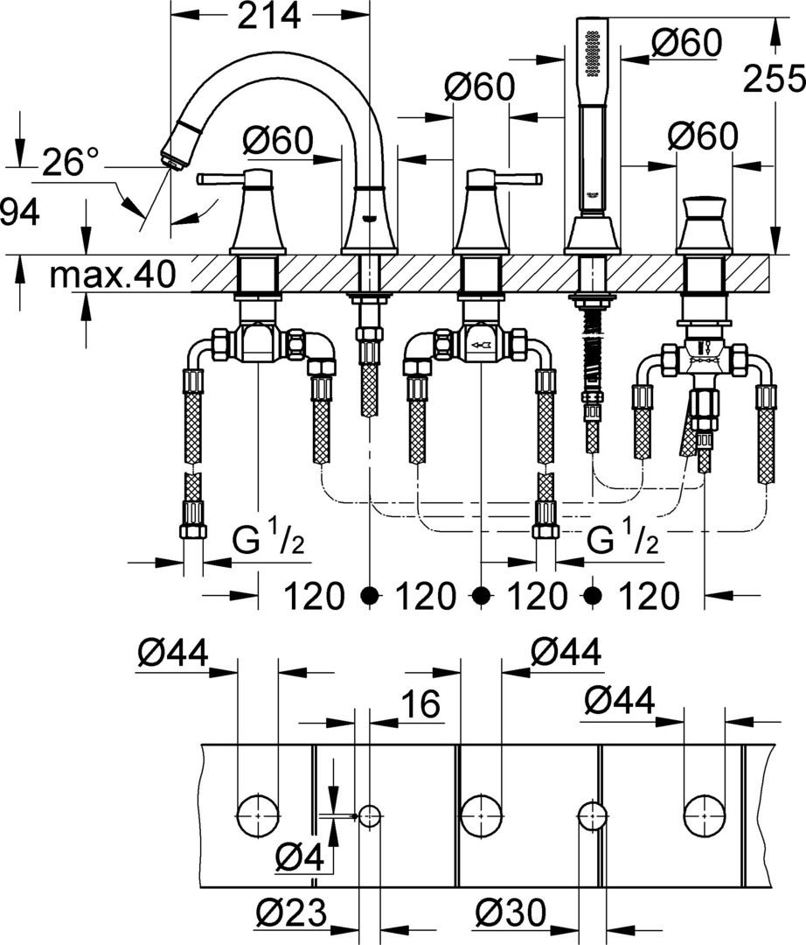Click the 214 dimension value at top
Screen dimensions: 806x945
(x=269, y=17)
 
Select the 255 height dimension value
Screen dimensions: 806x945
(x=775, y=79)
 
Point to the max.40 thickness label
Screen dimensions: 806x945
(x=113, y=275)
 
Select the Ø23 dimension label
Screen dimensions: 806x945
(x=291, y=912)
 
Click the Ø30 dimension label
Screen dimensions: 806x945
(x=511, y=912)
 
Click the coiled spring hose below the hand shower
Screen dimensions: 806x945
(x=593, y=349)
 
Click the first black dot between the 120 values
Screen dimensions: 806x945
(x=370, y=596)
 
